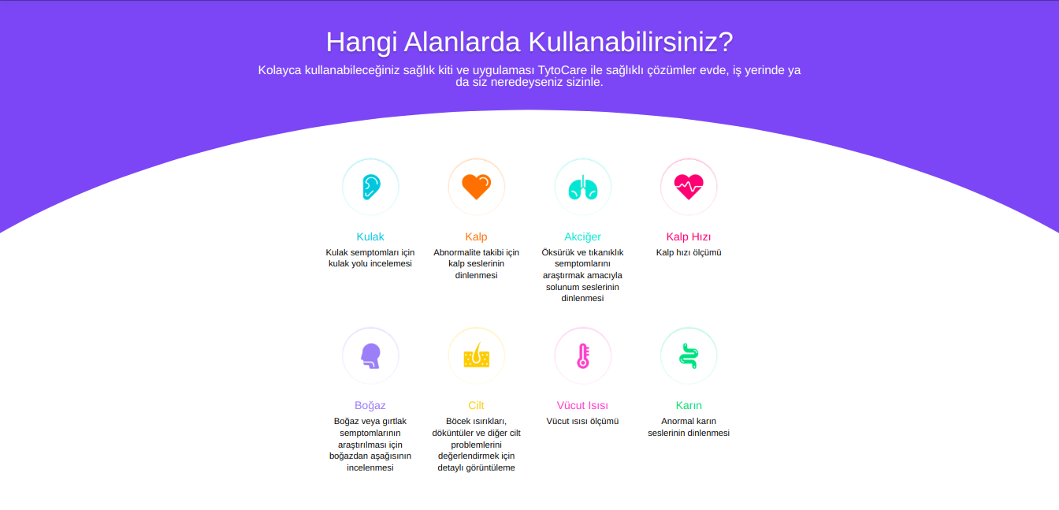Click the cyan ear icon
click(x=371, y=187)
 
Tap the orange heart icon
click(x=477, y=187)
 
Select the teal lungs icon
click(x=582, y=187)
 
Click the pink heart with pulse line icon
click(x=689, y=187)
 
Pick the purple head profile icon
click(x=370, y=356)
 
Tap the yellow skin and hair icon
click(x=477, y=355)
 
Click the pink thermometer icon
click(x=583, y=356)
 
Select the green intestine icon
click(x=689, y=356)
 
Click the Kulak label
click(x=370, y=236)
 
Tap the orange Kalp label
click(x=476, y=237)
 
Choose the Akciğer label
click(x=582, y=237)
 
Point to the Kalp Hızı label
click(x=689, y=237)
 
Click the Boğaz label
click(x=370, y=406)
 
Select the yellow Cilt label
click(x=476, y=405)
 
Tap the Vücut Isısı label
click(x=582, y=405)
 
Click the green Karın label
click(x=689, y=405)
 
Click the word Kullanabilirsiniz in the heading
click(x=630, y=42)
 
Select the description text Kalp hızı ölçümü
click(x=689, y=252)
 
